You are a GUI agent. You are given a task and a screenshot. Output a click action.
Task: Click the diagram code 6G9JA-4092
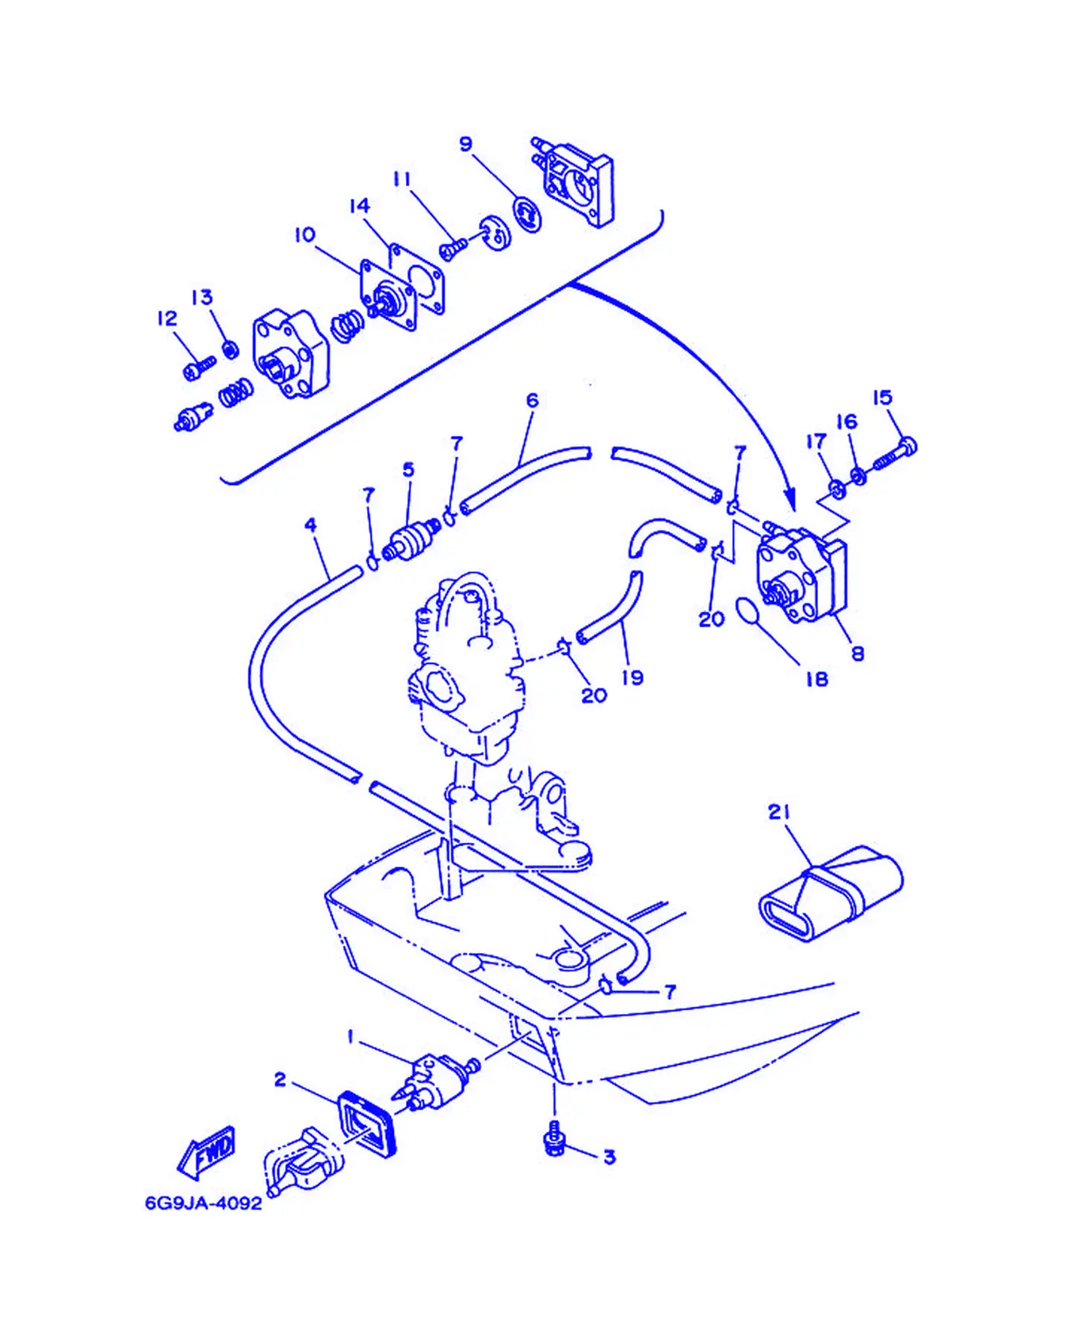(203, 1203)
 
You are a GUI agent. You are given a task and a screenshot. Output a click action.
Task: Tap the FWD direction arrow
(206, 1153)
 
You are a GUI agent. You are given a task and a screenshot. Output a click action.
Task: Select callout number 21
(779, 812)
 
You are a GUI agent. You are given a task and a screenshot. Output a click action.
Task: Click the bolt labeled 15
(896, 453)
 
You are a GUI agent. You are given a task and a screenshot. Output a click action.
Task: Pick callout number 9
(466, 143)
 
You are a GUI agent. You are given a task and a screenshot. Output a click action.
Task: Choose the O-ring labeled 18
(747, 611)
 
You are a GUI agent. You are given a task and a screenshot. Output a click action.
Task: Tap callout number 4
(311, 524)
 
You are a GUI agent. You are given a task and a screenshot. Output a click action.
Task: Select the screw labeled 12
(199, 368)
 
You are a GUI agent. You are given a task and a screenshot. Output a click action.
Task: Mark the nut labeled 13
(230, 349)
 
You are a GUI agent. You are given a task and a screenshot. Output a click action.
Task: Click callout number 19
(633, 677)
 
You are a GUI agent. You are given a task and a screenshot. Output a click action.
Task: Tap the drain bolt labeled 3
(556, 1138)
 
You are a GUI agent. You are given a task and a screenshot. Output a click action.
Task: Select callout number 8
(858, 654)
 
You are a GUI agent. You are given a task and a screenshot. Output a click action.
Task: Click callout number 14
(360, 206)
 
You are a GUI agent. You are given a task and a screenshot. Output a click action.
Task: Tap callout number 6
(532, 401)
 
